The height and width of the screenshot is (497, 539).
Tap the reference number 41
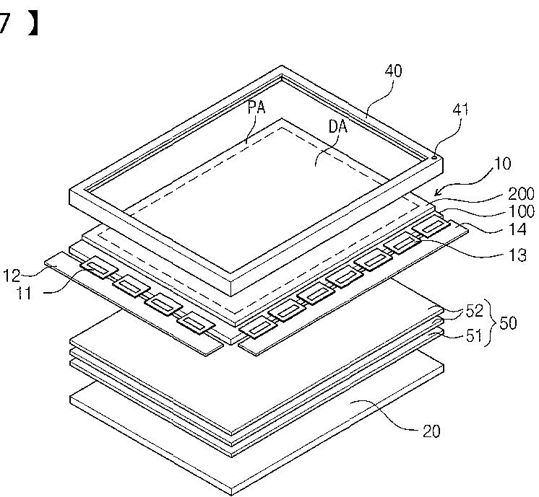[x=460, y=110]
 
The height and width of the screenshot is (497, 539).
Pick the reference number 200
[x=521, y=194]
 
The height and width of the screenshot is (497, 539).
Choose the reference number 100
[x=521, y=211]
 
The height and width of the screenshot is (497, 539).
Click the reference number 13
[x=517, y=255]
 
